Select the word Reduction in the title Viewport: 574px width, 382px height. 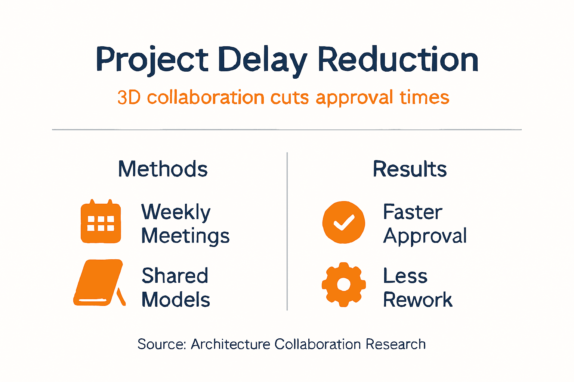pos(398,60)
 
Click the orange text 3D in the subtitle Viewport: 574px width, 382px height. pos(129,98)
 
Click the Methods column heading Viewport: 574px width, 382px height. pos(163,169)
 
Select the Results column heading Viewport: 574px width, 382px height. pos(410,169)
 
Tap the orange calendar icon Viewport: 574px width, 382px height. pos(101,222)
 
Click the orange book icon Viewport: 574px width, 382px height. pos(99,283)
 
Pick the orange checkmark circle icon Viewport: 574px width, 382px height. pos(344,222)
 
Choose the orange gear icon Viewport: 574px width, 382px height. pos(344,284)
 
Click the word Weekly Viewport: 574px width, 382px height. pos(176,213)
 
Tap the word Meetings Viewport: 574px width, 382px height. pos(185,237)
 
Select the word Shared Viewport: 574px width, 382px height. pos(175,276)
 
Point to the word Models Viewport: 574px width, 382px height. pos(176,300)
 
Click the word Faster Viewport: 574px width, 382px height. pos(413,212)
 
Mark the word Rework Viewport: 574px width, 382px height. pos(418,300)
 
